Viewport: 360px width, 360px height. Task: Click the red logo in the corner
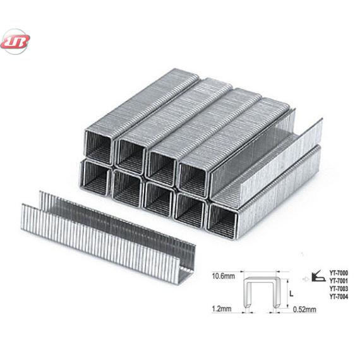pyautogui.click(x=15, y=42)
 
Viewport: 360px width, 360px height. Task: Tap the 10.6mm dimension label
pyautogui.click(x=223, y=276)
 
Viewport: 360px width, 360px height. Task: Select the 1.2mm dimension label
pyautogui.click(x=222, y=309)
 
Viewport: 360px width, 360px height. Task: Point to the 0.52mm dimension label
pyautogui.click(x=304, y=309)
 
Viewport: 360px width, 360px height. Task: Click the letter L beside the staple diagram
pyautogui.click(x=291, y=294)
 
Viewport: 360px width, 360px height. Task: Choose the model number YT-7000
pyautogui.click(x=339, y=273)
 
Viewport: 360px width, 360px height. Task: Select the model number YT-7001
pyautogui.click(x=339, y=281)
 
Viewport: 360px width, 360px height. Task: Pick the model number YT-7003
pyautogui.click(x=339, y=289)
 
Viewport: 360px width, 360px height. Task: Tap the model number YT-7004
pyautogui.click(x=339, y=297)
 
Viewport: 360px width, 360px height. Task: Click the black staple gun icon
pyautogui.click(x=318, y=277)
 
